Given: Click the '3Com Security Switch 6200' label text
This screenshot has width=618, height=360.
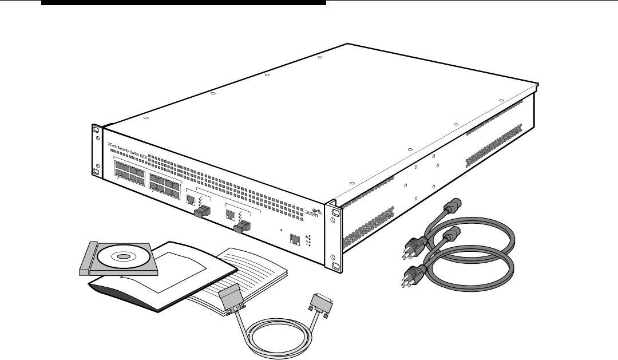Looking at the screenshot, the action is click(132, 151).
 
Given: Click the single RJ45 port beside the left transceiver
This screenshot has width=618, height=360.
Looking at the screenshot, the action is click(191, 200).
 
